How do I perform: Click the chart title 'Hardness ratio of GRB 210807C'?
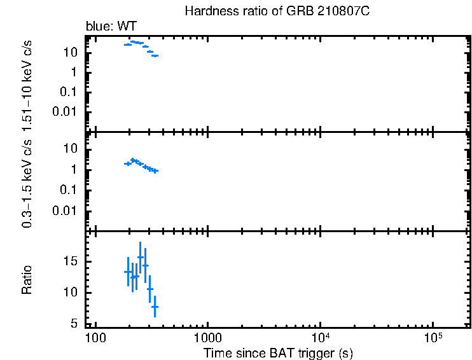[x=277, y=11]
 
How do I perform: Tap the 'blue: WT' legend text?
[x=111, y=27]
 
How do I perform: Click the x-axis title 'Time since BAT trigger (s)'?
[x=278, y=352]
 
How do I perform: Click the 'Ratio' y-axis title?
[x=28, y=279]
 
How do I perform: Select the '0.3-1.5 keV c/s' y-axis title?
[x=28, y=182]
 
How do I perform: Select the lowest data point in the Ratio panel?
[x=155, y=307]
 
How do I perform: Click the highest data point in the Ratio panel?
[x=140, y=257]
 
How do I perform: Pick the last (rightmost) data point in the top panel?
[x=155, y=56]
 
